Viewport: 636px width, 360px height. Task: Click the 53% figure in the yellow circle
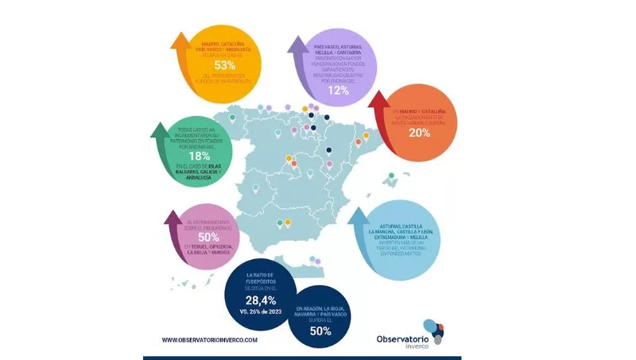tap(223, 64)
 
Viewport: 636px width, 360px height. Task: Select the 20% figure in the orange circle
tap(420, 133)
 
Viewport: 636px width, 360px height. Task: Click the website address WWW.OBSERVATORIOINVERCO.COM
tap(210, 339)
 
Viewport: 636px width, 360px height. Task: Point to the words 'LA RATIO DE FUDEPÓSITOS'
tap(262, 278)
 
